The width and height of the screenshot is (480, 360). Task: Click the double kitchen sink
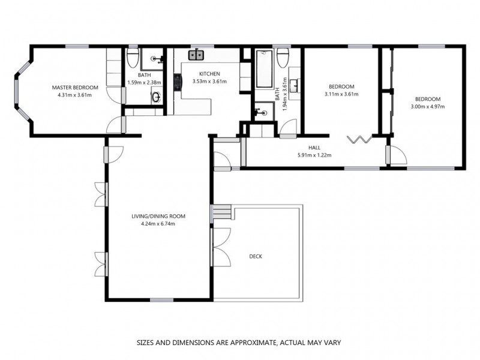click(x=196, y=56)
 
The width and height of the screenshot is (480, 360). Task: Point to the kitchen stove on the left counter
click(x=178, y=82)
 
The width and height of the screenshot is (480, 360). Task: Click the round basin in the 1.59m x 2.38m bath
click(x=155, y=96)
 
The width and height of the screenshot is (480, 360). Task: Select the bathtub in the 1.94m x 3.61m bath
click(x=265, y=69)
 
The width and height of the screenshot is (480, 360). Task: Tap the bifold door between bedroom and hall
click(x=361, y=140)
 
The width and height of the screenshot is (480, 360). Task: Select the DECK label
click(x=256, y=256)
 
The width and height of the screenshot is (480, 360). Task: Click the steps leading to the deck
click(x=223, y=212)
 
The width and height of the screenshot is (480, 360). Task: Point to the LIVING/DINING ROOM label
click(x=158, y=216)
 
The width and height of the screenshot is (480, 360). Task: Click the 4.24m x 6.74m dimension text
click(x=158, y=224)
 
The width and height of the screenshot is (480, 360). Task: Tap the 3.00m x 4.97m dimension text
click(x=428, y=107)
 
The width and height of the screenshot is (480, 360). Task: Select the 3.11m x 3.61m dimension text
click(x=341, y=94)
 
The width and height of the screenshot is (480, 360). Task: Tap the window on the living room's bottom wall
click(x=161, y=300)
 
